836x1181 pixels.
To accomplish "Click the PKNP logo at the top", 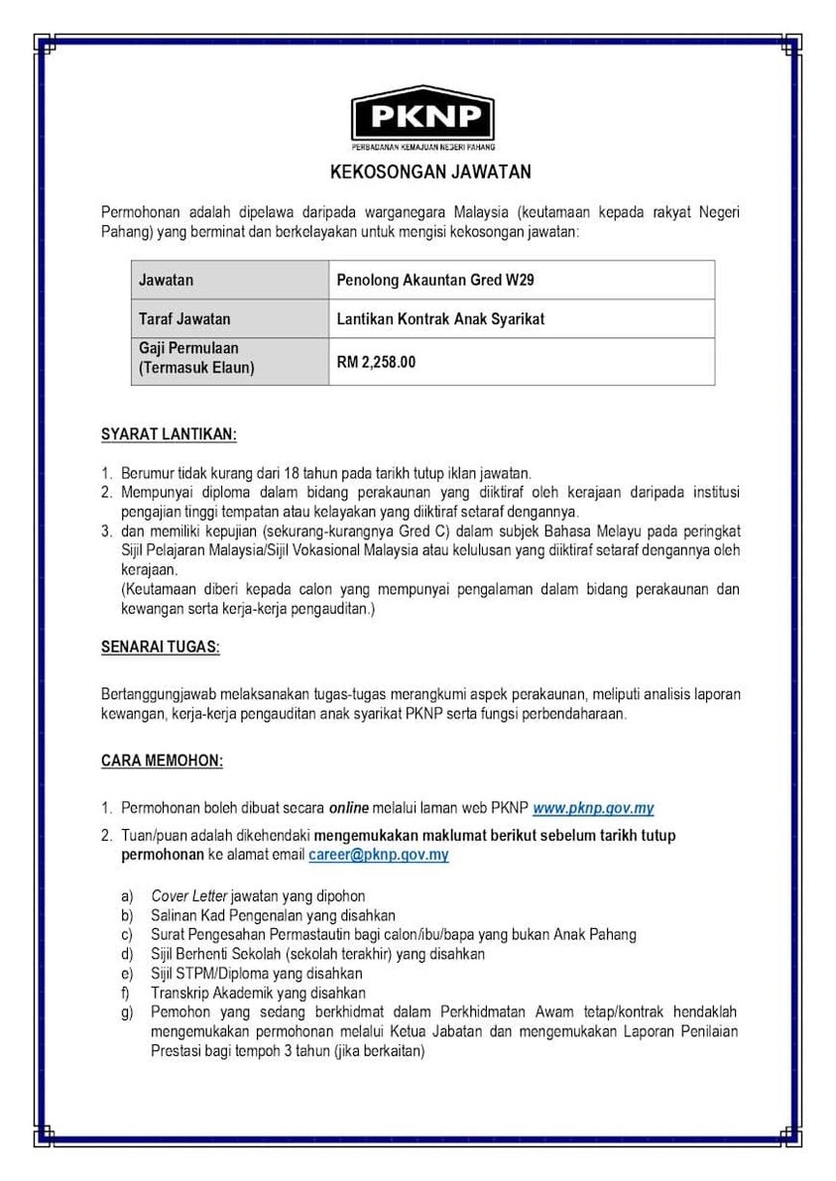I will pos(422,117).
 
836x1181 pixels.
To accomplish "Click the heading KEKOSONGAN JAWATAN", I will pos(430,172).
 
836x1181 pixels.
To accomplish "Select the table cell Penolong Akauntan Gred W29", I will pos(435,281).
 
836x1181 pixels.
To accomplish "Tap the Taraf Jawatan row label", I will pos(184,319).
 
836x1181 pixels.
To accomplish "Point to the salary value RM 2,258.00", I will pos(376,362).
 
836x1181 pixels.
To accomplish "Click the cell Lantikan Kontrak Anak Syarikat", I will pos(440,319).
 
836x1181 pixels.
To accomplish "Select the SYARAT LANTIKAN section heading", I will pos(169,434).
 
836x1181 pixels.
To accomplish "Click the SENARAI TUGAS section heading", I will pos(161,648).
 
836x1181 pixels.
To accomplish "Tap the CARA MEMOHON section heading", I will pos(162,761).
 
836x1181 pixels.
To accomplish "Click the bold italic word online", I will pos(349,809).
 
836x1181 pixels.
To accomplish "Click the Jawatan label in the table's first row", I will pos(167,281).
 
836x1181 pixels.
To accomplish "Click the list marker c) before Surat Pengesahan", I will pos(127,935).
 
